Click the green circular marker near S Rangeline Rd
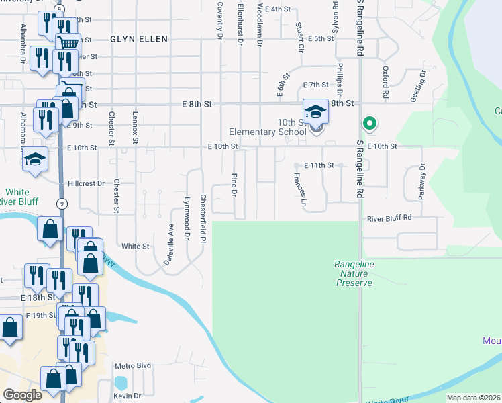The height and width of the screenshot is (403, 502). click(368, 124)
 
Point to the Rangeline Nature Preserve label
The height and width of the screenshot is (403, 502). click(354, 274)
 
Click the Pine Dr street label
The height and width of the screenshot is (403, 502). click(234, 184)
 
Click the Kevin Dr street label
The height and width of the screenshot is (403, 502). click(127, 396)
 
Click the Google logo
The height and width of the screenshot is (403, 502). click(22, 395)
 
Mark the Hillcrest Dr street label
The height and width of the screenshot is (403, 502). click(87, 183)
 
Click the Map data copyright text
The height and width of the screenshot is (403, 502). click(473, 398)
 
